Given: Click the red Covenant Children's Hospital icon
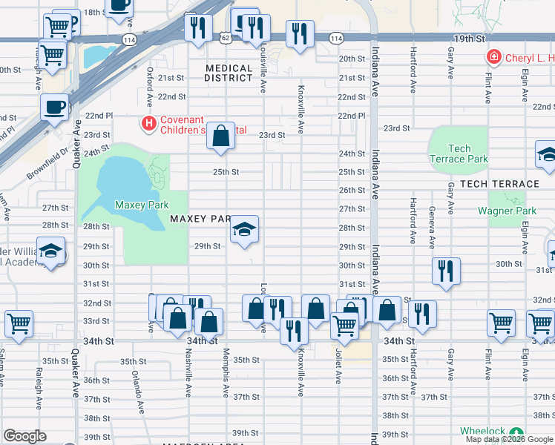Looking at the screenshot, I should tap(149, 122).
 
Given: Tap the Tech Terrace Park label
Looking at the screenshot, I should tap(459, 154).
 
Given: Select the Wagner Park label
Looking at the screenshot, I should tap(507, 211).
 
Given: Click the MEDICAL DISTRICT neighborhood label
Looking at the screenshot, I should tap(229, 73).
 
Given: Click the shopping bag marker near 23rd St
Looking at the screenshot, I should tap(220, 136).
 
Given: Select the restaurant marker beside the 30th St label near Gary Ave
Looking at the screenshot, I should tap(445, 271).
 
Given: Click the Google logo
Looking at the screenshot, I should tap(24, 436).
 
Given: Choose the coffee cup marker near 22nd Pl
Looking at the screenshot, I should tap(54, 108).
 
